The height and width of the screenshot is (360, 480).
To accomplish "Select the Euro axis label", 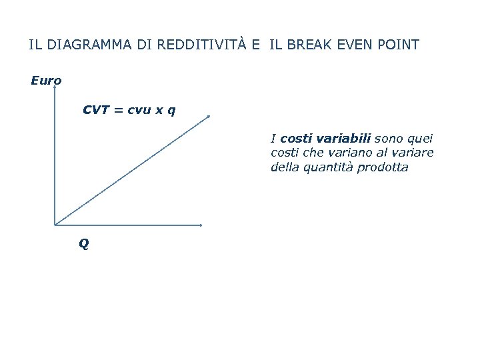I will tap(46, 81).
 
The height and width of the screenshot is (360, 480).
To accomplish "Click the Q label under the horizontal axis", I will tap(83, 244).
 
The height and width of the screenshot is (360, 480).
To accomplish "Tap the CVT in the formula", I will tap(96, 109).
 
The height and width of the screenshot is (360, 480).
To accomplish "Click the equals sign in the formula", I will tap(117, 109).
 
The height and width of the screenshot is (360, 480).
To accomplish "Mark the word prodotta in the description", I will tap(383, 167).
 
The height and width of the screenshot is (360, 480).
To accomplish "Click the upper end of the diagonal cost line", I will tap(209, 117).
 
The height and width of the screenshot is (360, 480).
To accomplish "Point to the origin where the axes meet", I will tap(55, 225).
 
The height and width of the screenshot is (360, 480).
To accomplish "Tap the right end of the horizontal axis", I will tap(201, 225).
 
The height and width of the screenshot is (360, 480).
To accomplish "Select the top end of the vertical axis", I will tap(55, 86).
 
